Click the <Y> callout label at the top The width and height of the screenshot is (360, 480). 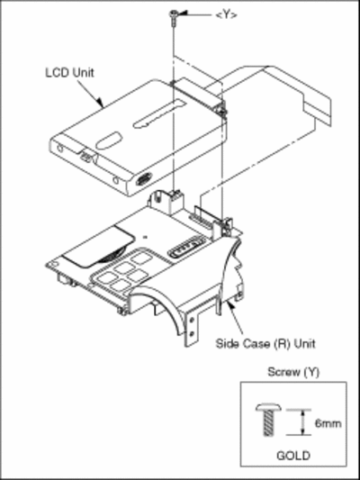tap(226, 14)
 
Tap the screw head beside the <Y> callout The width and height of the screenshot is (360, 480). tap(174, 13)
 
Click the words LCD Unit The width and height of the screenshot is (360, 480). tap(69, 73)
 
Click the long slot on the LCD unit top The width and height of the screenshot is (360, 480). tap(158, 113)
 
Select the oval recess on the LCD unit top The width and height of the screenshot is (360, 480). tap(108, 140)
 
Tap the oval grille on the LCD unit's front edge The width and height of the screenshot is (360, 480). tap(144, 178)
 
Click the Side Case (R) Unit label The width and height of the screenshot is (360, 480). tap(265, 343)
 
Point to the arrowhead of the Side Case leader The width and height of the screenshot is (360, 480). tap(231, 305)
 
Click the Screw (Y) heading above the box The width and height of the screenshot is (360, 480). tap(293, 372)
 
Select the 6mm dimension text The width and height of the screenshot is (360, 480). tap(328, 423)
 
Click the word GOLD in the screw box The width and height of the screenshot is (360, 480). tap(293, 456)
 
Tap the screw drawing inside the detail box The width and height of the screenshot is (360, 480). tap(268, 419)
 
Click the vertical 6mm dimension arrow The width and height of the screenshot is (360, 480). tap(302, 422)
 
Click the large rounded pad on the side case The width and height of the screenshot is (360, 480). tap(99, 246)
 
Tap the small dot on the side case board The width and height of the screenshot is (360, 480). tap(146, 236)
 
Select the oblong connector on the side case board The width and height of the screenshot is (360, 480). tap(185, 247)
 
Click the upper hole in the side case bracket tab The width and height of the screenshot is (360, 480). tap(192, 320)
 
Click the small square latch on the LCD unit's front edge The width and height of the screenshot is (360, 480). tap(85, 156)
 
